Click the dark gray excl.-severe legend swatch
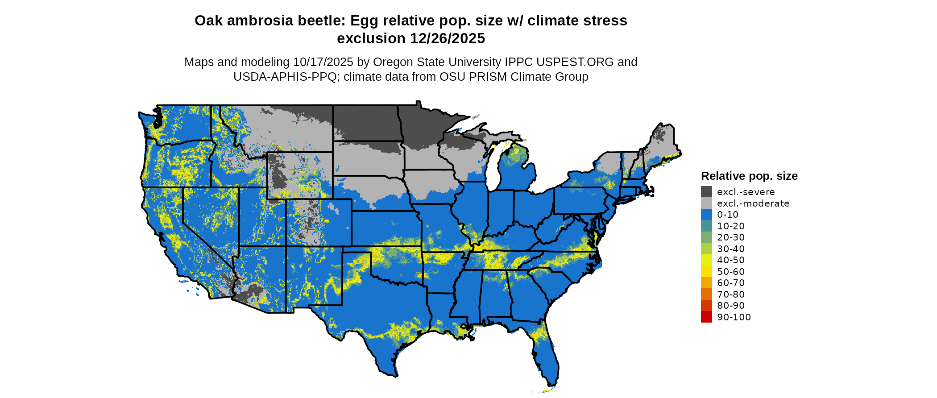(706, 192)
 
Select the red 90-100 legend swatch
(706, 317)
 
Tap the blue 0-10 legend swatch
(706, 215)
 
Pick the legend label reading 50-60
(731, 271)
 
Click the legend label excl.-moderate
(753, 203)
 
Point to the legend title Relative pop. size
(749, 176)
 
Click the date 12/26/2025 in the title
(448, 38)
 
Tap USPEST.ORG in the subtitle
(575, 62)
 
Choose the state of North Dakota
(365, 122)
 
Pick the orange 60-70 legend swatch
(706, 283)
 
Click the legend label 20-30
(731, 237)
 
